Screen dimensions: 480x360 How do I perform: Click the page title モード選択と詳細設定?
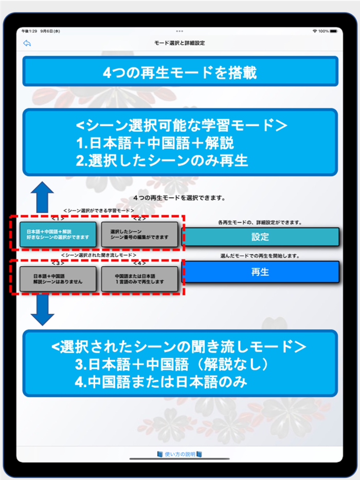point(179,43)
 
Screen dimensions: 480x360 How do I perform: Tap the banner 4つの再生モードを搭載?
point(179,72)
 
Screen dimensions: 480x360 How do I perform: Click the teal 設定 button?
point(261,237)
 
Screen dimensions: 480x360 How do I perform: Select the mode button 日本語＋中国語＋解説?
point(58,234)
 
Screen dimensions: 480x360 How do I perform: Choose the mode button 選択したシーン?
point(139,234)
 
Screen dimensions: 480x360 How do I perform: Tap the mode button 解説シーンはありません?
point(58,279)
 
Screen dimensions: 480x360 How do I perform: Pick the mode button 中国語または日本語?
point(139,279)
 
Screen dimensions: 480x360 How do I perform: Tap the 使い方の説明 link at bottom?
point(179,454)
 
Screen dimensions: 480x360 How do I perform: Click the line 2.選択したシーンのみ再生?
point(162,160)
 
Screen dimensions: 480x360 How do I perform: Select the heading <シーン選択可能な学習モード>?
point(179,125)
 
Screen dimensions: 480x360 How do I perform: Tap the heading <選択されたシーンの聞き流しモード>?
point(179,346)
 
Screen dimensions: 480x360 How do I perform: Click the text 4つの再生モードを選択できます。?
point(179,197)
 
